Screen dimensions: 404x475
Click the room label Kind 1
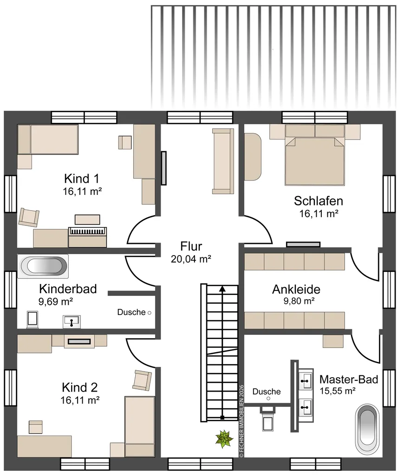(x=82, y=179)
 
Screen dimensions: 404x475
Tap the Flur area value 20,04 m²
(x=191, y=259)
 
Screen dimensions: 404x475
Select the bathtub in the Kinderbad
(x=43, y=266)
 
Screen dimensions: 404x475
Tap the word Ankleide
(x=296, y=289)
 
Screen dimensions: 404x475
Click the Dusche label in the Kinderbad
(x=131, y=312)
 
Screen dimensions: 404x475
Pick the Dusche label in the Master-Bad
(x=267, y=392)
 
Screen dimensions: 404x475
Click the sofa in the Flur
(x=223, y=161)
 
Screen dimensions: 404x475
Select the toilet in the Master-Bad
(x=268, y=418)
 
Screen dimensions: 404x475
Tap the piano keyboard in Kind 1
(x=87, y=231)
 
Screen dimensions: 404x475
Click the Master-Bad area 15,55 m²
(x=338, y=391)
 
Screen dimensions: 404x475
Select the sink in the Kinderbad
(x=72, y=321)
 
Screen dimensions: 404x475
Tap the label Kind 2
(x=80, y=387)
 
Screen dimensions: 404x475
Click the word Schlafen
(x=319, y=201)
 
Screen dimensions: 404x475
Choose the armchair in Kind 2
(x=142, y=380)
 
